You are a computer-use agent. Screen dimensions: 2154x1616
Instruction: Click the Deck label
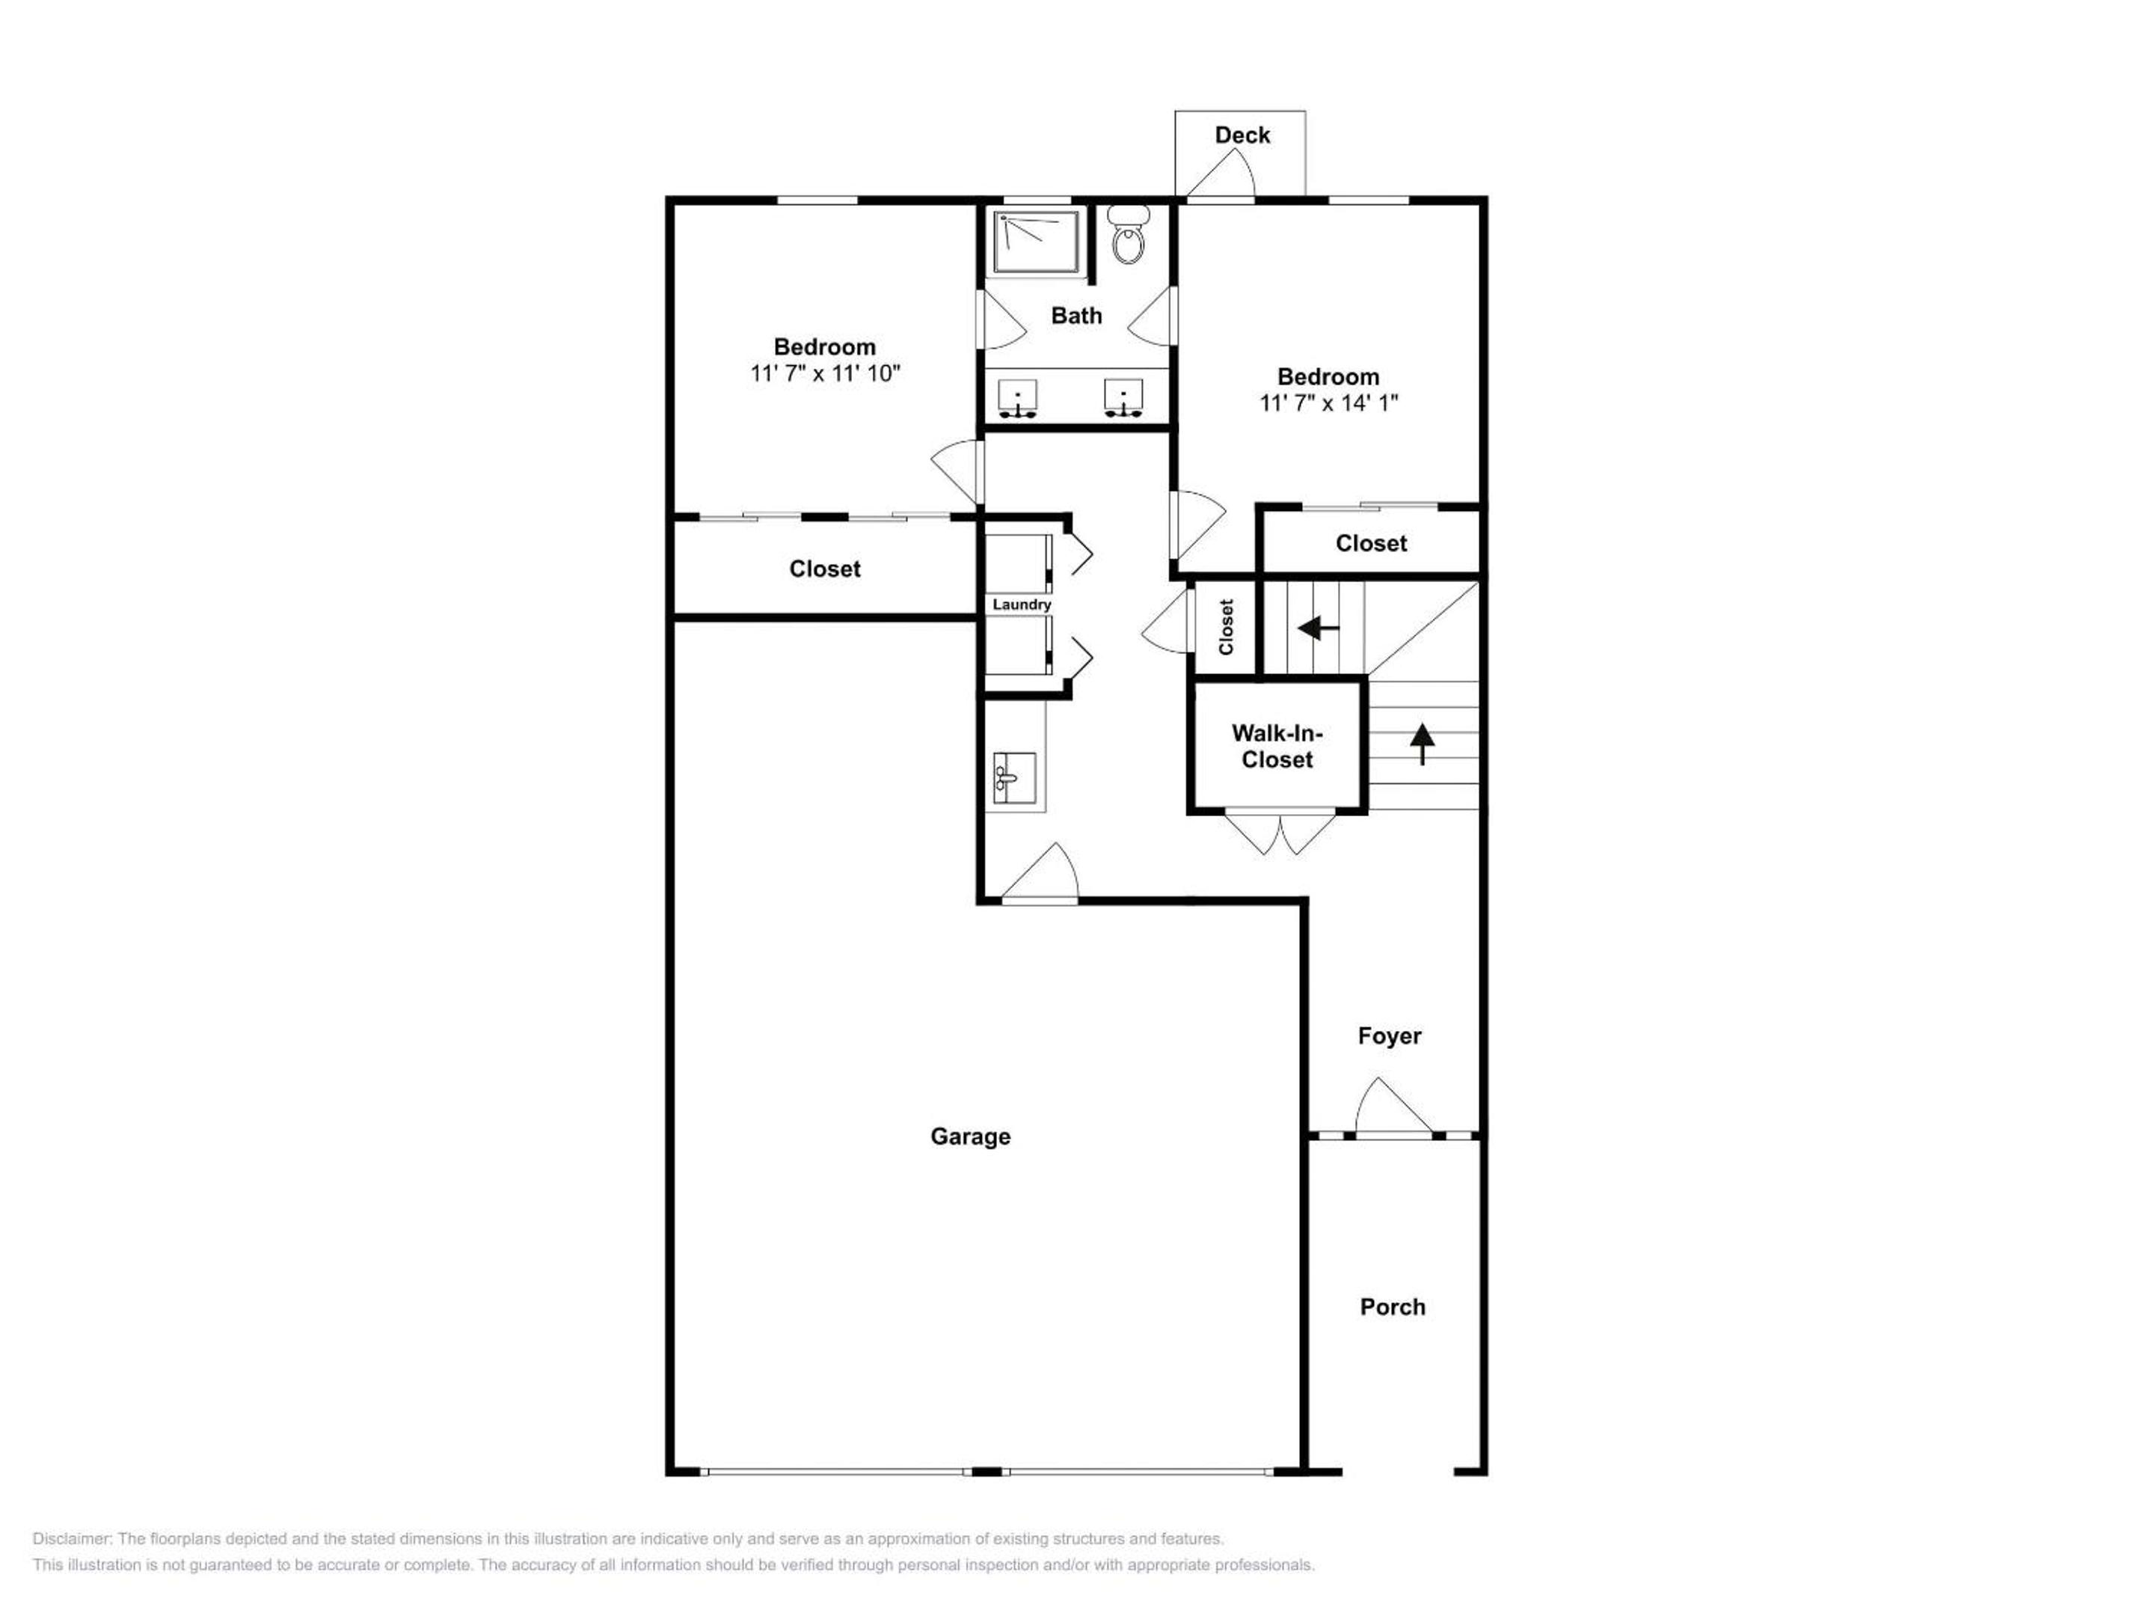(1242, 135)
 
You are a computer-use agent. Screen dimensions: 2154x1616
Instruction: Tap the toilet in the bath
(1128, 235)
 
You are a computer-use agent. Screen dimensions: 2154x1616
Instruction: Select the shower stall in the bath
(1036, 242)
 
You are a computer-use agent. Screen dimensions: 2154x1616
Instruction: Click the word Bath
(1076, 316)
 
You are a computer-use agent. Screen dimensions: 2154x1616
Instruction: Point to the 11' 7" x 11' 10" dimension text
(825, 373)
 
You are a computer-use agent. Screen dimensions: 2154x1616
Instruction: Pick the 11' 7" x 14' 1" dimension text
(1328, 403)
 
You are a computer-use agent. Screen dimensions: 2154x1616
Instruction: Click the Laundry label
(1022, 605)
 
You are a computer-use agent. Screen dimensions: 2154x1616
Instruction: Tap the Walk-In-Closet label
(1277, 746)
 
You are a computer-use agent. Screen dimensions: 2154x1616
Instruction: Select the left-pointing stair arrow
(1319, 628)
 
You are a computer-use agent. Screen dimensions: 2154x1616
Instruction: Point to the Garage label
(970, 1136)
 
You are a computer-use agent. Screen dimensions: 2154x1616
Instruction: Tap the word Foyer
(1390, 1035)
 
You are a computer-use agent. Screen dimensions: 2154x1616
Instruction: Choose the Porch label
(1393, 1307)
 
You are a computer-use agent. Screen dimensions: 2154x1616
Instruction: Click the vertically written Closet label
(1226, 626)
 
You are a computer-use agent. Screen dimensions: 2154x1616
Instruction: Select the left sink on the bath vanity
(1018, 399)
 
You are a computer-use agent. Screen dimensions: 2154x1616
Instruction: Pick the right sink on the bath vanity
(1123, 399)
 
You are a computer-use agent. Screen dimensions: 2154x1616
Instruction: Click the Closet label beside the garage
(825, 569)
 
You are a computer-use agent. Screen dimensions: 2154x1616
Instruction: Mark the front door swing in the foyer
(1393, 1107)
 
